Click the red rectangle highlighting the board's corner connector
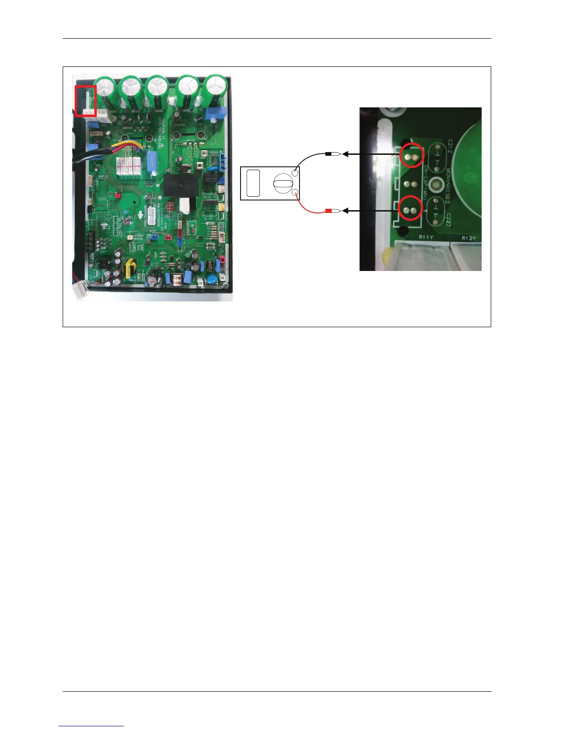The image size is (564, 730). pos(86,100)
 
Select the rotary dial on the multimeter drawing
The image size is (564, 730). pos(283,183)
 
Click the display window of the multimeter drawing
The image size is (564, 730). pos(253,183)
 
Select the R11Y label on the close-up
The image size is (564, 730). pos(425,237)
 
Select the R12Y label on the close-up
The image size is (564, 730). pos(469,238)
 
